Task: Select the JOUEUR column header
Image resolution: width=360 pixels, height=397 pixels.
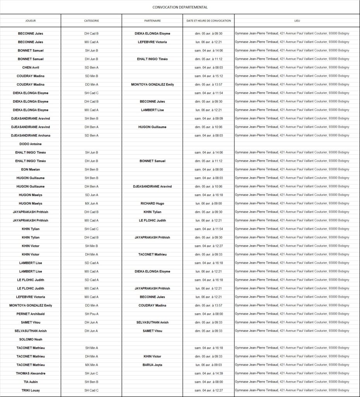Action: (x=30, y=21)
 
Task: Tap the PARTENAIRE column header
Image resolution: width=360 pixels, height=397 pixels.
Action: (x=152, y=21)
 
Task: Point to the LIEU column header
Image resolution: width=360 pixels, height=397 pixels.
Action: (x=297, y=21)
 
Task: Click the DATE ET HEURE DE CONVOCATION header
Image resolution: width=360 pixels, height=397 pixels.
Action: (x=208, y=21)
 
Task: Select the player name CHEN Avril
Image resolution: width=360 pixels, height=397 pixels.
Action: (x=30, y=67)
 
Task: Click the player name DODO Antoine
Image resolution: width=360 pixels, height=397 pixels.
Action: (x=30, y=144)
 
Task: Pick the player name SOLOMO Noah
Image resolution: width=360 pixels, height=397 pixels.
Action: (x=30, y=339)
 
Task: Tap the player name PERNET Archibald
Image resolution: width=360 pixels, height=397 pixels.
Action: (x=30, y=314)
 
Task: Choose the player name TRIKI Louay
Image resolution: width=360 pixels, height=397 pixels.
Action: (x=30, y=390)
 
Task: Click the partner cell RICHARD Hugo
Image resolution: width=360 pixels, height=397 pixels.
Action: (x=152, y=204)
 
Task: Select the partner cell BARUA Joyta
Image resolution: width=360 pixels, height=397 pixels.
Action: (x=152, y=365)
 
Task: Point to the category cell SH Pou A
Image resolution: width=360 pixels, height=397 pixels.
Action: (x=91, y=314)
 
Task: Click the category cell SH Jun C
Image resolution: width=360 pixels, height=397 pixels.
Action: (x=91, y=373)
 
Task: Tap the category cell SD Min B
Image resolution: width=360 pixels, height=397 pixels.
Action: (x=91, y=76)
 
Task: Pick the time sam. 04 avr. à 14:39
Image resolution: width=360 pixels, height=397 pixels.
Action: (x=208, y=373)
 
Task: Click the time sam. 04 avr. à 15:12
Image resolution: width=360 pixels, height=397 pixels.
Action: (x=208, y=76)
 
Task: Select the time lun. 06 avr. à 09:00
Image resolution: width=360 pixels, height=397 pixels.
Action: (x=208, y=204)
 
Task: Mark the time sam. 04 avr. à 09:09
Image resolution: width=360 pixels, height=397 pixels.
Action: (x=208, y=118)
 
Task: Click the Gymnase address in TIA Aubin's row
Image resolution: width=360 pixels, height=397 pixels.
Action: (x=292, y=382)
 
